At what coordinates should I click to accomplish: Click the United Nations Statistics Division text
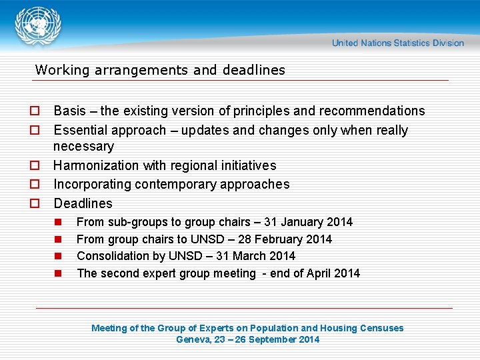(398, 43)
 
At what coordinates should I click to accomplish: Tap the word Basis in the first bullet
(70, 111)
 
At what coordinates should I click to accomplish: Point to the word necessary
(83, 146)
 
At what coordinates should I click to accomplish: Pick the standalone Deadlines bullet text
(83, 203)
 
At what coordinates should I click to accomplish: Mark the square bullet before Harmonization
(33, 165)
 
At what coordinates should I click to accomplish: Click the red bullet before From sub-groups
(58, 222)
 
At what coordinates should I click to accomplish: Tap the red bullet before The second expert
(58, 273)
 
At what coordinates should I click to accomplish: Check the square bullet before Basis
(33, 111)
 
